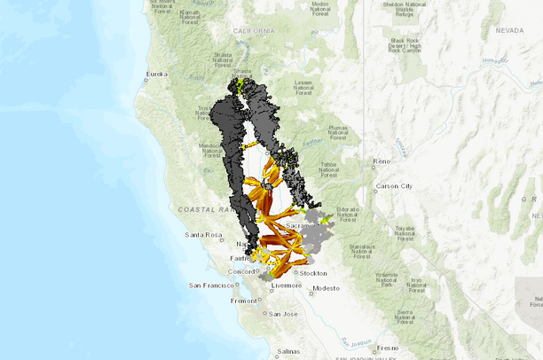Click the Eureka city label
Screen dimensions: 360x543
pos(157,74)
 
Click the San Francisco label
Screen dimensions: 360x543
pos(211,286)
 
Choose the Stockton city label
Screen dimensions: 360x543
pos(314,273)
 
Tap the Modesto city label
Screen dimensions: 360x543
pos(326,288)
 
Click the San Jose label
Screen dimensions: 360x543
pos(283,314)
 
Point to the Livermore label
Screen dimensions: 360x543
pos(287,286)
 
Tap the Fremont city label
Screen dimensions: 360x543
pos(244,301)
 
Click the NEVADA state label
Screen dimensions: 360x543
pos(509,30)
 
